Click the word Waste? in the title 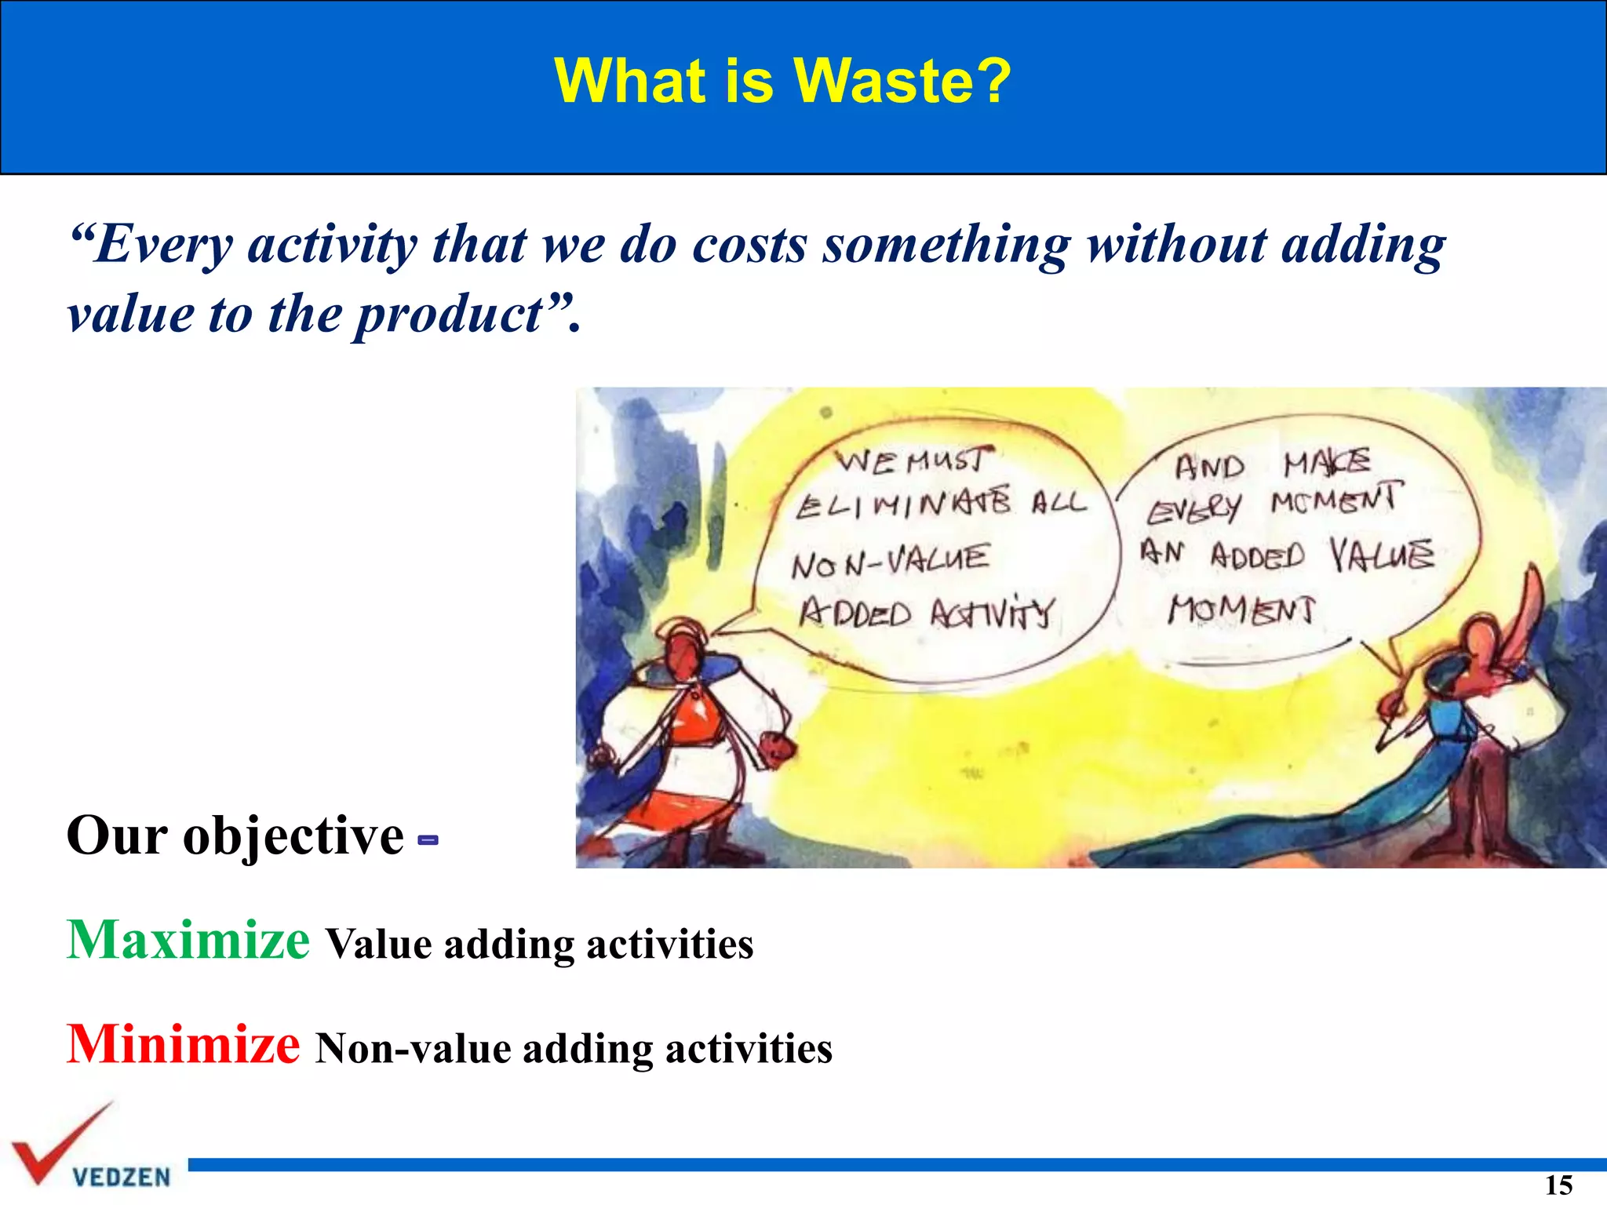click(x=902, y=81)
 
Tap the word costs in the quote click(x=749, y=246)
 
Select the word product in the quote click(x=449, y=315)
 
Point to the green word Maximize click(x=188, y=940)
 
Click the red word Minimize click(x=183, y=1045)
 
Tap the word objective click(x=293, y=836)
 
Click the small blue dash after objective click(x=428, y=840)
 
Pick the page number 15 click(x=1558, y=1185)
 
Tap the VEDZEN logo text click(x=122, y=1178)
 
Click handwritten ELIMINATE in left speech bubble click(x=902, y=504)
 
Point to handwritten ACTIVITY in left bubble click(x=993, y=613)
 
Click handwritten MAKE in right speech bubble click(x=1326, y=464)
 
